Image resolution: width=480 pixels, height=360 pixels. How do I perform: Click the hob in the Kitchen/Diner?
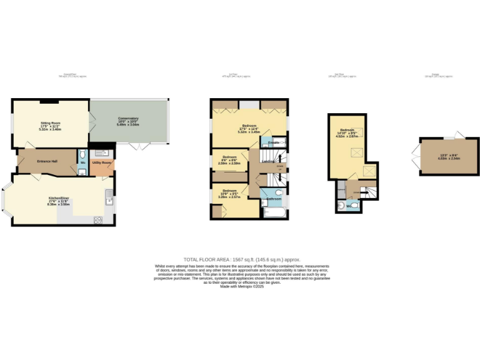point(98,219)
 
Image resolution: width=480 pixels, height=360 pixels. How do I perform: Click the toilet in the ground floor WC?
point(83,156)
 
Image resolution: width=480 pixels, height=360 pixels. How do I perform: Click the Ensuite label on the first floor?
point(273,143)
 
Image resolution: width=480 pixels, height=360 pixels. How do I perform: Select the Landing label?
point(267,161)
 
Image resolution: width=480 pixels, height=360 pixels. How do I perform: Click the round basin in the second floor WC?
point(341,206)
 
